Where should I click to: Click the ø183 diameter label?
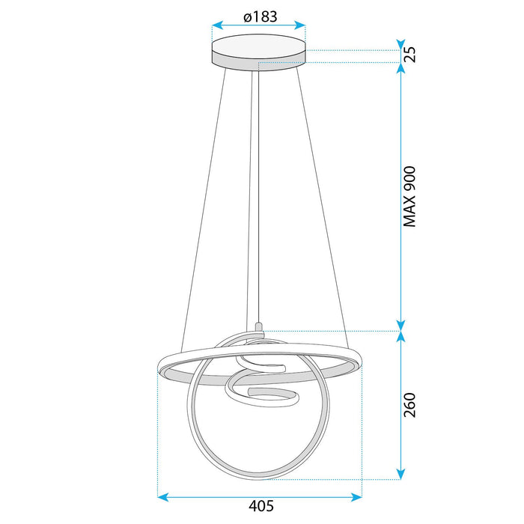[x=259, y=13]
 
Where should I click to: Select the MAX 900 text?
[x=410, y=196]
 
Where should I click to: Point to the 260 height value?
[x=410, y=404]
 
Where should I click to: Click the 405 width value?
[x=259, y=506]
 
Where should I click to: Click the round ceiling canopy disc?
[x=259, y=54]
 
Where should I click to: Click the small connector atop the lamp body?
[x=259, y=326]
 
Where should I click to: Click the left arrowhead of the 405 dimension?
[x=162, y=495]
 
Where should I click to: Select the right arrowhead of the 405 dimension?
[x=357, y=495]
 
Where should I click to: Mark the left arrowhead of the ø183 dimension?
[x=216, y=25]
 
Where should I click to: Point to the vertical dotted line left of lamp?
[x=158, y=434]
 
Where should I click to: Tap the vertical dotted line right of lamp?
[x=360, y=434]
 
